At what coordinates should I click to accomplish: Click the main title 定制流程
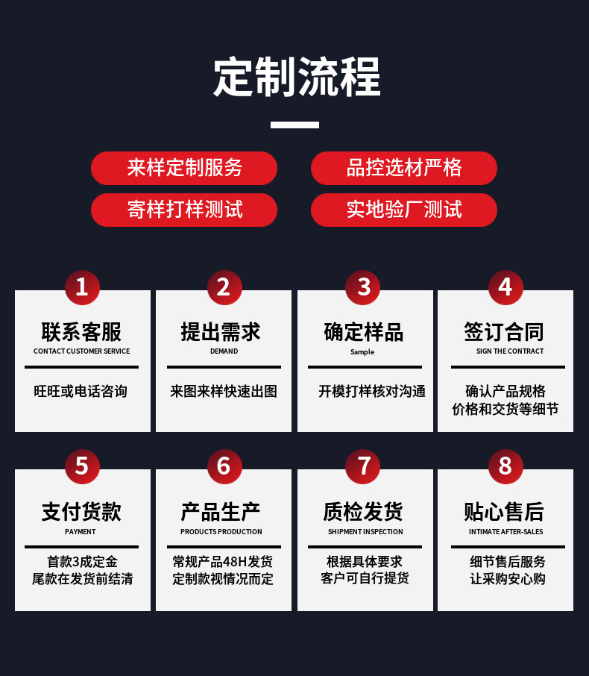click(x=296, y=76)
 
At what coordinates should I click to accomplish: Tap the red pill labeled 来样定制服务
click(x=184, y=168)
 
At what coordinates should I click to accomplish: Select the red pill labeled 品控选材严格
click(x=403, y=168)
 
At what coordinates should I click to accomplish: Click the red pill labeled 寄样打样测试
click(x=184, y=210)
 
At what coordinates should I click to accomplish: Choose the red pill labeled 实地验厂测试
click(x=403, y=210)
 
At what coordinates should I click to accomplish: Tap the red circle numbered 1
click(x=82, y=287)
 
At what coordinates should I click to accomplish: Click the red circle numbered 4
click(x=505, y=287)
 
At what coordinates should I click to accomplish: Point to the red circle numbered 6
click(x=224, y=466)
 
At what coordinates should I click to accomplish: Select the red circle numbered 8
click(x=505, y=466)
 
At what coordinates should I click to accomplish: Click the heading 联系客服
click(x=81, y=332)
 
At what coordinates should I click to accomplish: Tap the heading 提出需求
click(x=223, y=332)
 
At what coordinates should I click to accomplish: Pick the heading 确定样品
click(x=364, y=332)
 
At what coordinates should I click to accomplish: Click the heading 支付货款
click(x=81, y=512)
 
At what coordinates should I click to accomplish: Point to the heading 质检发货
click(x=364, y=512)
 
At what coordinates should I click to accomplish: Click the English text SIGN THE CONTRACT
click(x=510, y=351)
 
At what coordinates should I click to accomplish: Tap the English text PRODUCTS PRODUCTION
click(x=221, y=532)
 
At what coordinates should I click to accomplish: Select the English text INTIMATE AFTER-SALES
click(x=505, y=532)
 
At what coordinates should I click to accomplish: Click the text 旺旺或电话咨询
click(x=81, y=391)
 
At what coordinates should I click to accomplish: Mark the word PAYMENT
click(x=81, y=532)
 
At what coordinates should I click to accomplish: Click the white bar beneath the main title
click(x=294, y=125)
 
